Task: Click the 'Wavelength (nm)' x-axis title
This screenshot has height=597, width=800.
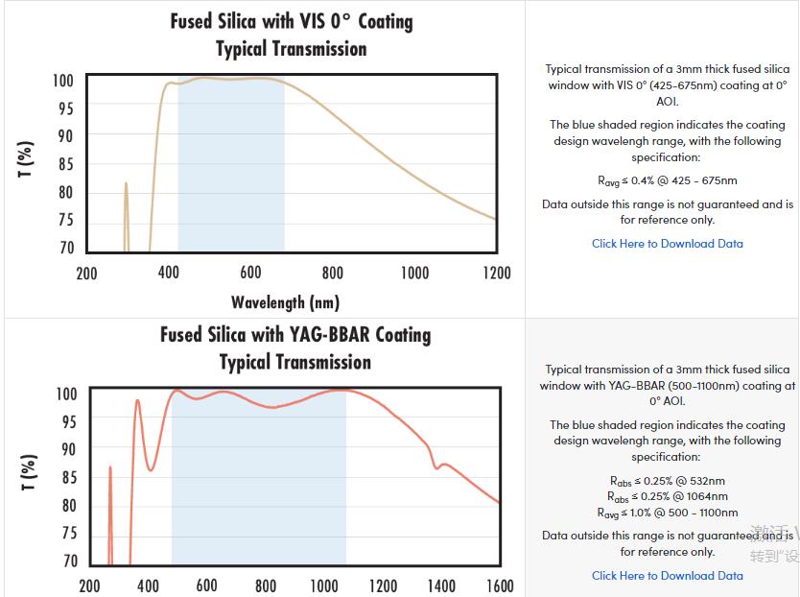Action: click(285, 302)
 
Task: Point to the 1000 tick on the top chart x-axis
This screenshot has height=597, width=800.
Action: click(414, 274)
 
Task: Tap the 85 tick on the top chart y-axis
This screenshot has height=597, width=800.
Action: click(64, 164)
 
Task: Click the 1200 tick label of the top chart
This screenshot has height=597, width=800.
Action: click(495, 274)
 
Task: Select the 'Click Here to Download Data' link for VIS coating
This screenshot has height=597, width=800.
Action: click(667, 244)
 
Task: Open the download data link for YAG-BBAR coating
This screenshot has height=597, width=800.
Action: click(667, 576)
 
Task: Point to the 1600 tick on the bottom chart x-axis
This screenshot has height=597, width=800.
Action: click(499, 585)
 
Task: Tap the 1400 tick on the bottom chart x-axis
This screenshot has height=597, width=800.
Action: click(440, 585)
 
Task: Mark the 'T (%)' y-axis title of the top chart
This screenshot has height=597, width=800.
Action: click(26, 158)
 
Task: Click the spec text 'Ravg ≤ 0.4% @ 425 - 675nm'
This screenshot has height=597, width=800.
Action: click(667, 180)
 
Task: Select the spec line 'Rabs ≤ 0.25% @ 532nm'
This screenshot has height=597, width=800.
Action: click(667, 481)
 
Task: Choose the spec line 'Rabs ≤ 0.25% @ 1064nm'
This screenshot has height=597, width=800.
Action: click(667, 496)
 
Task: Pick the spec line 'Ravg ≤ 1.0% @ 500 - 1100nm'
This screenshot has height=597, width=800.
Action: click(667, 513)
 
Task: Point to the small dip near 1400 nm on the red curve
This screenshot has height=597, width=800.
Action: click(436, 467)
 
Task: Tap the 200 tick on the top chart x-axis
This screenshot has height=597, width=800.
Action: click(87, 274)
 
